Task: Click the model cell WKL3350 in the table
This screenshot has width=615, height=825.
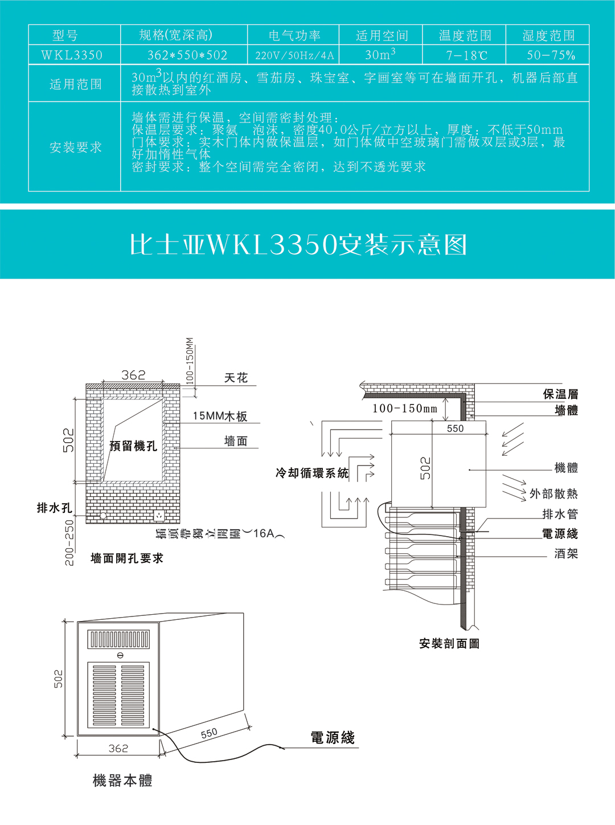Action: (72, 55)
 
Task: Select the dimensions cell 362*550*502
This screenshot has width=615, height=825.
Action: (187, 55)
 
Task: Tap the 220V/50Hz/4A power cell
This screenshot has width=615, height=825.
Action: (294, 55)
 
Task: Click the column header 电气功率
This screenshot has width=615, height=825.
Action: (294, 35)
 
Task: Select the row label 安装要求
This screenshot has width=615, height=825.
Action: (75, 148)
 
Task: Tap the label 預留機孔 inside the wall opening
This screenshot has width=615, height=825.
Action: (133, 446)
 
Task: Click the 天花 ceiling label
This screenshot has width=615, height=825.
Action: (236, 378)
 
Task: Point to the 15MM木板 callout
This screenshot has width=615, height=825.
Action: (220, 416)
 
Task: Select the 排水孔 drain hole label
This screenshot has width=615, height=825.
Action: (54, 508)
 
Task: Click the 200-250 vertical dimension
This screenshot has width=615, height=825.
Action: (69, 542)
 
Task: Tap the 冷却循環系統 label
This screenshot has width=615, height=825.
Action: (312, 473)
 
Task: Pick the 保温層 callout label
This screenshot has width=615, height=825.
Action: (560, 394)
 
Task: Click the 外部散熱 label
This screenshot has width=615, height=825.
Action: (553, 494)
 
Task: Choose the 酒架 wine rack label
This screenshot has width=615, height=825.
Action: (566, 553)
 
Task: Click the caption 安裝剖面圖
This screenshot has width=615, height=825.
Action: (449, 644)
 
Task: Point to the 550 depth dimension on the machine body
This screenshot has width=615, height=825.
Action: (209, 733)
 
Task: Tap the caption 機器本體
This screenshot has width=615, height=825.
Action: (122, 781)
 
